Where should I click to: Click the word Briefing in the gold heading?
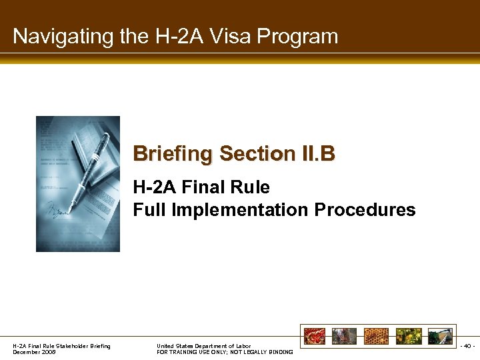173,154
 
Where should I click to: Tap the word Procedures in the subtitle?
365,210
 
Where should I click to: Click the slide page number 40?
467,346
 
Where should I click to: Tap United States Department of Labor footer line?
203,346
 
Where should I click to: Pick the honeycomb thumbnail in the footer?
377,336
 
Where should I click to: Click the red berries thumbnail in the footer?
316,336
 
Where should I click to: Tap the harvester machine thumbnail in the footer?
440,336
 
